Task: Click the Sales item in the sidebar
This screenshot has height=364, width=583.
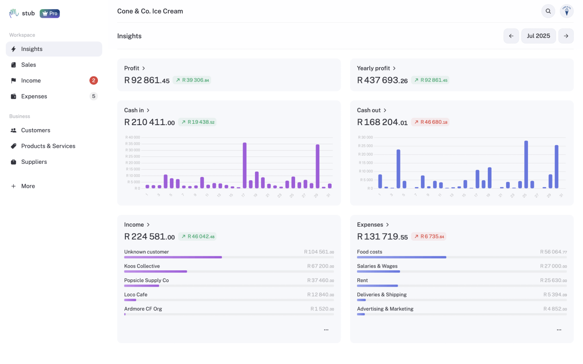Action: coord(29,65)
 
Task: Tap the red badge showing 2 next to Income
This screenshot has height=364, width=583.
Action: coord(93,81)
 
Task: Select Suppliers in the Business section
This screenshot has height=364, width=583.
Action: coord(34,162)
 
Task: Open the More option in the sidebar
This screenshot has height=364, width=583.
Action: coord(28,186)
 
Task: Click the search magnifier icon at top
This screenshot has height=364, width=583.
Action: coord(548,11)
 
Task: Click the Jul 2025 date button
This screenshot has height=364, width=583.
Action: coord(538,36)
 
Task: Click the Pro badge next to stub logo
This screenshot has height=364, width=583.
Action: coord(50,13)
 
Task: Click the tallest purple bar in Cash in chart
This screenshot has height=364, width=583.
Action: coord(245,165)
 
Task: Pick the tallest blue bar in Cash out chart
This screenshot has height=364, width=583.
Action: coord(526,164)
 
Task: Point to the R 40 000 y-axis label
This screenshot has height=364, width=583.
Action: coord(133,137)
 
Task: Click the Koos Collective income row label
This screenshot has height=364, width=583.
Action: coord(142,266)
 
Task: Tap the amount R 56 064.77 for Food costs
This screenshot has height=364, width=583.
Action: coord(553,252)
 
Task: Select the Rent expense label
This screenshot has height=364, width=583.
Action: coord(363,280)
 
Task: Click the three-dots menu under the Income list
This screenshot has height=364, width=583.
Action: coord(326,330)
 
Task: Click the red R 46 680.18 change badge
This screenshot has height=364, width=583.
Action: coord(430,122)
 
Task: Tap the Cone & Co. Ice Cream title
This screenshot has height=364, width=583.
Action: coord(150,11)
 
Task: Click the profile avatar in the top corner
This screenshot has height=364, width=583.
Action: coord(567,11)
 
